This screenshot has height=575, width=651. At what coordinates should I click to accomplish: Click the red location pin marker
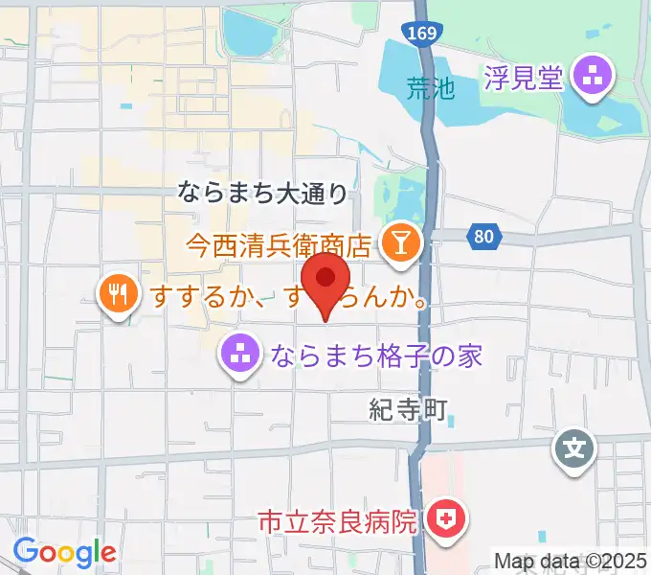[x=325, y=280]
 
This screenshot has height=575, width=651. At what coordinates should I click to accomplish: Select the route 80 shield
[x=483, y=234]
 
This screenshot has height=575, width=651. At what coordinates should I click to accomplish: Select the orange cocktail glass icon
[x=397, y=243]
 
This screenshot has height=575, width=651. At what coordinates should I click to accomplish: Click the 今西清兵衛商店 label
[x=279, y=245]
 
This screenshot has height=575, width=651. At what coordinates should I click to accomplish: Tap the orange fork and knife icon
[x=117, y=293]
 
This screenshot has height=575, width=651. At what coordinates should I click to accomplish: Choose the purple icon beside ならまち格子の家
[x=240, y=356]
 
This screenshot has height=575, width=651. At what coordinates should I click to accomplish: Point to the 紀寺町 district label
[x=408, y=411]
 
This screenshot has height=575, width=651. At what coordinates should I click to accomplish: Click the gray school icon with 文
[x=575, y=447]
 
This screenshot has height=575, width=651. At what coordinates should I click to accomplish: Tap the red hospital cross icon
[x=445, y=520]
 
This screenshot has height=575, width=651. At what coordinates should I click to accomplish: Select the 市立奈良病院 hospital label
[x=338, y=522]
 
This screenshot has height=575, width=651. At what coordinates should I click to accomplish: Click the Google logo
[x=64, y=551]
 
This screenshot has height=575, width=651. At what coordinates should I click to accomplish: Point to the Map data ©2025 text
[x=571, y=561]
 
